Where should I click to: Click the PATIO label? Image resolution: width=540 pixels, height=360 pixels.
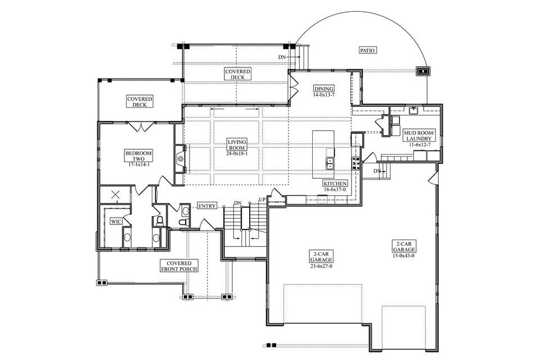click(367, 50)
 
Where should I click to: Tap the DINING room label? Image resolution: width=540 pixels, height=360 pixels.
click(324, 89)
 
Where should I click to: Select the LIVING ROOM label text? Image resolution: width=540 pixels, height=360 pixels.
click(236, 145)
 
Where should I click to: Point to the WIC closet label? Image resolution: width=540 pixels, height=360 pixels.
click(116, 222)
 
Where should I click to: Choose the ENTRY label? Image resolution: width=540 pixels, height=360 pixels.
click(207, 206)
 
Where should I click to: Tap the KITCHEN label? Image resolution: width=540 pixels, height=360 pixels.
click(335, 184)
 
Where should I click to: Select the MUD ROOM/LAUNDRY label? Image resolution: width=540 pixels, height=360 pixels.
click(417, 136)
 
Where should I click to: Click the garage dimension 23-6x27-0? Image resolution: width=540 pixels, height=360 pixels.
click(321, 266)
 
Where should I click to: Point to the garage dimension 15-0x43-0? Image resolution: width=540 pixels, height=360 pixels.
click(404, 255)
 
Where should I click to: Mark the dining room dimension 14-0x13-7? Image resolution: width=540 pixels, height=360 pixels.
click(324, 95)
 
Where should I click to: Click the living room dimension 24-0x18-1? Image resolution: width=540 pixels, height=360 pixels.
click(236, 154)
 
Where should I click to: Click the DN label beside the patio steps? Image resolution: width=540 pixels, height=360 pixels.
click(282, 57)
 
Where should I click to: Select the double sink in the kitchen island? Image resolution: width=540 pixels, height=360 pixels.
click(329, 163)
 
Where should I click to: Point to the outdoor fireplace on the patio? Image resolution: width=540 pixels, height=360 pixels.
click(422, 71)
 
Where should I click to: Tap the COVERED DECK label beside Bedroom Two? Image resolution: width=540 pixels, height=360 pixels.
click(139, 101)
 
